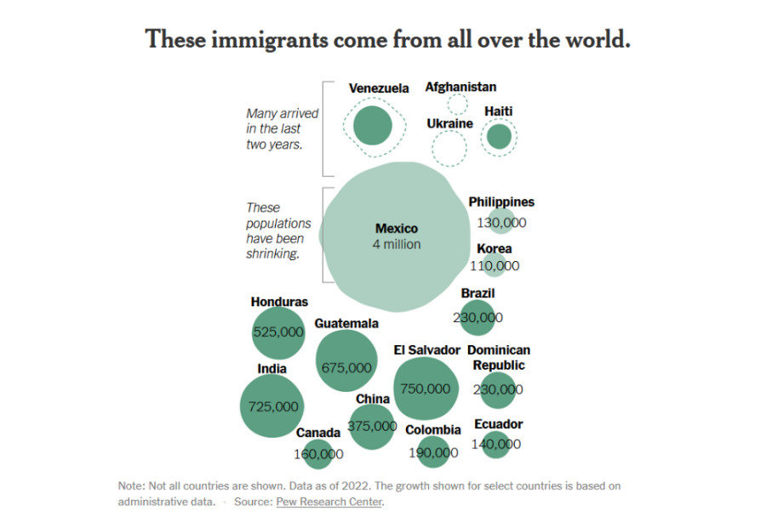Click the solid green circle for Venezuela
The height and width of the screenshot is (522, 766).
coord(372,126)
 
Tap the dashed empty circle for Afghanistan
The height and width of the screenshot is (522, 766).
coord(458,105)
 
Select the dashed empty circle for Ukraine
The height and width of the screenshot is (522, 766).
coord(449,149)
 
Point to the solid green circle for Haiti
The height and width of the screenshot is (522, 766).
coord(499,136)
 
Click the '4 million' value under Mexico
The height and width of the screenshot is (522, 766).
coord(397,244)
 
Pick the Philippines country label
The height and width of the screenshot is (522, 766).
coord(501,202)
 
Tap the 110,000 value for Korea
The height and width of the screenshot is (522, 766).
coord(494,265)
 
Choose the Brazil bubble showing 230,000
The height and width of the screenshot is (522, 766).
coord(477,317)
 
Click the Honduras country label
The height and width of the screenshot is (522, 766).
coord(279,302)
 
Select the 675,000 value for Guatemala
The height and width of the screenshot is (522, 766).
coord(346,367)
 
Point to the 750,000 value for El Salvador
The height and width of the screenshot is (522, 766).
coord(426,389)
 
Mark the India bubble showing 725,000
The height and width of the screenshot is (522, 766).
coord(273,406)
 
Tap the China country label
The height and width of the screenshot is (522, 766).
coord(373,399)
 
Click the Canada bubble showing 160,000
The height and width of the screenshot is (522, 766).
coord(318,454)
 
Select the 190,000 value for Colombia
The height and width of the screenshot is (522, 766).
coord(433,453)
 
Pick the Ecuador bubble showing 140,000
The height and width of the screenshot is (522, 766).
coord(495,444)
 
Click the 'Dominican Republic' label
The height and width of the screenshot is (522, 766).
coord(499,357)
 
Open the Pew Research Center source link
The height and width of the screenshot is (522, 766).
coord(329,502)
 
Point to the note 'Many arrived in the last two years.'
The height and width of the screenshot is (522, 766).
coord(274,128)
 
